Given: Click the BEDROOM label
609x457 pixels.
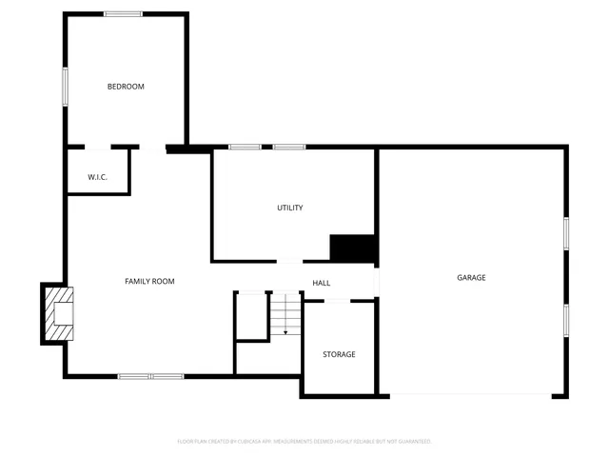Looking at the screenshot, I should (x=126, y=87).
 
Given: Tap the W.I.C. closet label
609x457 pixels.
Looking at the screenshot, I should (x=97, y=177).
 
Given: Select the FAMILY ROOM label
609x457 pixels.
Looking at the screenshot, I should (x=150, y=281).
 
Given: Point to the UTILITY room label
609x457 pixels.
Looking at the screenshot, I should (x=290, y=208).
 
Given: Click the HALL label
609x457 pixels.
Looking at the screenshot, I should (x=322, y=283).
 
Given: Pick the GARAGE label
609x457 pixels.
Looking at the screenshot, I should (x=471, y=278).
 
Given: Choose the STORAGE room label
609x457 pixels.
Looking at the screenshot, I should (x=339, y=354).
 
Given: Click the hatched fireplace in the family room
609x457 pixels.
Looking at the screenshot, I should (x=59, y=313).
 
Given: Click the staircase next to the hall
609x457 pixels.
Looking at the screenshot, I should (x=285, y=314).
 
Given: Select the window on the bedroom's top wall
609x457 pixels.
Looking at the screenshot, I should (x=124, y=13).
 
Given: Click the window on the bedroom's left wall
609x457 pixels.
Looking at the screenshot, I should (x=65, y=86).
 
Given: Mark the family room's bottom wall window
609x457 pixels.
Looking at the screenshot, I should (x=150, y=376).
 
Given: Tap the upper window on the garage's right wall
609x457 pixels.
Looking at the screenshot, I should (x=566, y=233).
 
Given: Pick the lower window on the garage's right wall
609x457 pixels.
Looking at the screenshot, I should (x=566, y=320).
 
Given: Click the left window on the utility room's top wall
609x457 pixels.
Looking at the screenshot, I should (x=245, y=147).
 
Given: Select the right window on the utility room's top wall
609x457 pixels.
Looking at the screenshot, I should (x=289, y=147).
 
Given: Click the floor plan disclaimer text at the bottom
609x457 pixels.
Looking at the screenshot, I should (x=304, y=442).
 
